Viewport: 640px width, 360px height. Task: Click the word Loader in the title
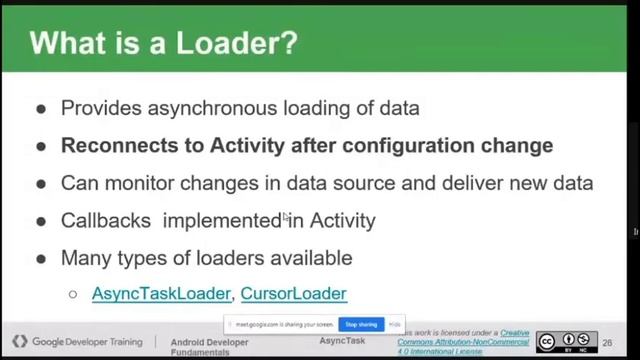pyautogui.click(x=234, y=43)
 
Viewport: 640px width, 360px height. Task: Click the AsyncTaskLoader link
pyautogui.click(x=162, y=293)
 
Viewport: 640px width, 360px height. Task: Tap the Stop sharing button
pyautogui.click(x=360, y=324)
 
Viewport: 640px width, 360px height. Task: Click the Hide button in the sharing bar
pyautogui.click(x=396, y=324)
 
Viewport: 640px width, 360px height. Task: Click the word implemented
pyautogui.click(x=223, y=220)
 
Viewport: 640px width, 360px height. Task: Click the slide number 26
pyautogui.click(x=607, y=342)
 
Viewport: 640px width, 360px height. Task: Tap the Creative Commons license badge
pyautogui.click(x=566, y=342)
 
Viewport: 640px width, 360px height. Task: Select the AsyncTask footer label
pyautogui.click(x=342, y=342)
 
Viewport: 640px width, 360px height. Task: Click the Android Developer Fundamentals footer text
pyautogui.click(x=209, y=346)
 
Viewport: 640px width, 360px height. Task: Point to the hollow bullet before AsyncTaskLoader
pyautogui.click(x=73, y=294)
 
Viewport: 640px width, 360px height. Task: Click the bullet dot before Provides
pyautogui.click(x=41, y=109)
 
